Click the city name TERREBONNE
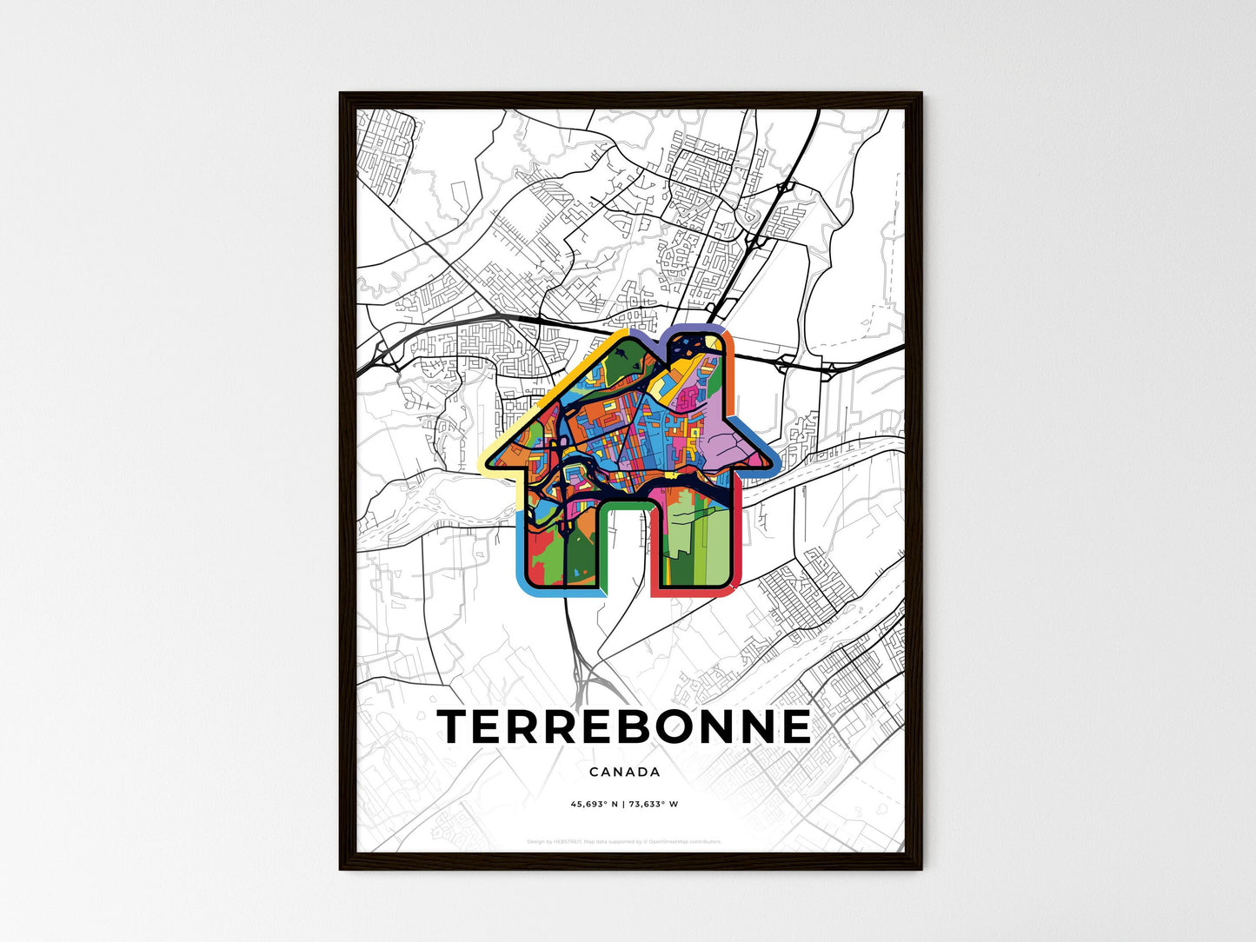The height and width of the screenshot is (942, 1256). [x=624, y=726]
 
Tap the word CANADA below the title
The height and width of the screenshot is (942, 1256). [x=624, y=772]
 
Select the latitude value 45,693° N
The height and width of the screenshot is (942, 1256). [x=594, y=804]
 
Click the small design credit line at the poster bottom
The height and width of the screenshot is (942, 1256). [x=624, y=841]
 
